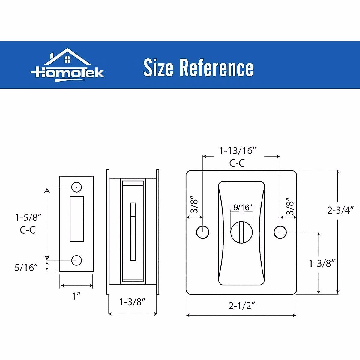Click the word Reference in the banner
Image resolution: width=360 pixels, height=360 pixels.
pos(216,68)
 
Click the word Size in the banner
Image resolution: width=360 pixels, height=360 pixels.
pos(158,68)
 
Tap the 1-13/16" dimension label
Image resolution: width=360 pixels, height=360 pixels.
pos(238,150)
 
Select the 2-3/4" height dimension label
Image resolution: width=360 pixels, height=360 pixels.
pos(341,210)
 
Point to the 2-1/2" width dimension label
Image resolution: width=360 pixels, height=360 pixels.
pos(242,305)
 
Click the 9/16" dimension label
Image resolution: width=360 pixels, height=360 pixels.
pos(242,207)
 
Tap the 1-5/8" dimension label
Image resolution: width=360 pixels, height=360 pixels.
pos(28,217)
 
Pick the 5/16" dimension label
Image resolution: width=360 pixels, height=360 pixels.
pos(26,267)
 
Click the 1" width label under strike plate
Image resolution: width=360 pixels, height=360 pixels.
pos(76,296)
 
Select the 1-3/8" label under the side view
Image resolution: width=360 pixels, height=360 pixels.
pos(132,301)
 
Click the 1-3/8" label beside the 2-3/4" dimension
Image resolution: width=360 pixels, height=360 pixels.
pos(322,263)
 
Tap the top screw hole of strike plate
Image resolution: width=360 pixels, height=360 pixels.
pos(77,187)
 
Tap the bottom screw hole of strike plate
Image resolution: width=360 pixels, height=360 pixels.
pos(77,260)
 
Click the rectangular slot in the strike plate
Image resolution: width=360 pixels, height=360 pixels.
pos(77,219)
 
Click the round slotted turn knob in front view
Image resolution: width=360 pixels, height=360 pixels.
pos(241,232)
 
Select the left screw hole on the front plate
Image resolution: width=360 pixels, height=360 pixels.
pos(203,232)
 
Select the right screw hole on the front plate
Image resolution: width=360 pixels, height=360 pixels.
pos(280,232)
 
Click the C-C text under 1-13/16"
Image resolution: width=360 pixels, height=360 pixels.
pos(237,163)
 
